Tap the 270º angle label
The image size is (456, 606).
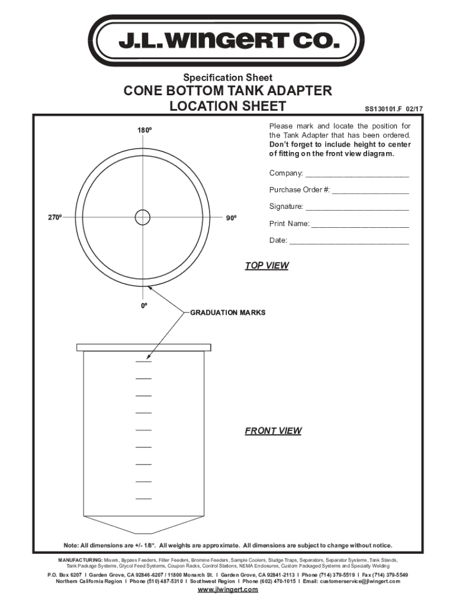click(x=55, y=218)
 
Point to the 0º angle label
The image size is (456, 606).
click(x=143, y=307)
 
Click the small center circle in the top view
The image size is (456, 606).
click(x=143, y=218)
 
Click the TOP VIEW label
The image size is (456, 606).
click(x=266, y=266)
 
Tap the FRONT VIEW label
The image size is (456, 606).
click(x=273, y=431)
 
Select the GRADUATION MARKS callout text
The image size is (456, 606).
click(x=227, y=312)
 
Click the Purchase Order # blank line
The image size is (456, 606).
click(x=370, y=192)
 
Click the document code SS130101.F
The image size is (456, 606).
click(x=384, y=109)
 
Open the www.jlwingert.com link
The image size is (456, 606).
click(x=228, y=590)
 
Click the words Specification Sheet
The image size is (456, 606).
click(x=228, y=78)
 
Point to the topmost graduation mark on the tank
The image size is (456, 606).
click(x=143, y=362)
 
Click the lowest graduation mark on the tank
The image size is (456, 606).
click(x=143, y=499)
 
